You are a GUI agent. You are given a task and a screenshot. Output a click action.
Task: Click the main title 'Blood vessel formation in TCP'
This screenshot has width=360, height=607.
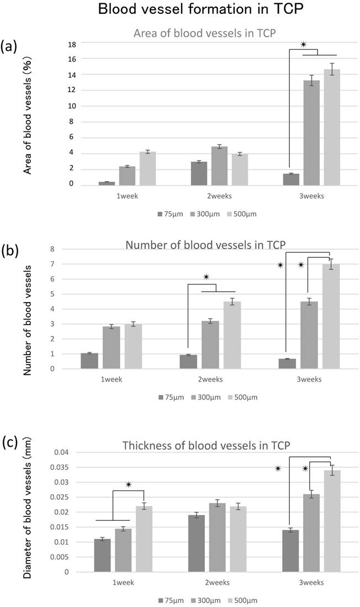(180, 10)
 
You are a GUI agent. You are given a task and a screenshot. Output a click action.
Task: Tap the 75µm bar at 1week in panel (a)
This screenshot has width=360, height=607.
(107, 183)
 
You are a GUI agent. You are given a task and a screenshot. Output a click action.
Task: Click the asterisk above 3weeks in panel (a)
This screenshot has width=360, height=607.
(303, 45)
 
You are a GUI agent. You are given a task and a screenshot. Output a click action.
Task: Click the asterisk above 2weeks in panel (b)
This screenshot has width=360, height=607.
(206, 277)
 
